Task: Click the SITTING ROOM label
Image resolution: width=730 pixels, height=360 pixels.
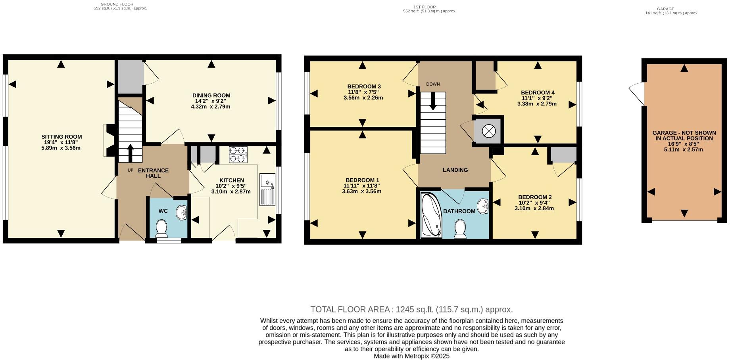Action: pos(61,137)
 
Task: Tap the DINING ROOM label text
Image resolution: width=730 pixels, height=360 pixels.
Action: pos(211,96)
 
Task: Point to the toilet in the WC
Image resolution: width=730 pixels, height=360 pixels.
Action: pos(161,228)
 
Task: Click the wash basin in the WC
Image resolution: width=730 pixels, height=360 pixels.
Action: pos(182,212)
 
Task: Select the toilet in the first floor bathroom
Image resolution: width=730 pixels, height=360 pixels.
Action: pos(460,229)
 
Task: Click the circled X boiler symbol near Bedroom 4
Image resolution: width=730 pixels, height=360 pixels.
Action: pos(488,130)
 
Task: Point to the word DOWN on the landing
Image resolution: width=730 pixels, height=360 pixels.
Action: pos(433,84)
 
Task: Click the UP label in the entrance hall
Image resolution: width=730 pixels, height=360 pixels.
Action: pos(130,170)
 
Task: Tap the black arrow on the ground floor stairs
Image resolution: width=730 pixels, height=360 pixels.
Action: pos(130,152)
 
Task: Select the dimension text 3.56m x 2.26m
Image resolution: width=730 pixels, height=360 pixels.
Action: pos(363,98)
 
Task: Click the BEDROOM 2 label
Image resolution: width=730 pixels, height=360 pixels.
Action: pos(534,197)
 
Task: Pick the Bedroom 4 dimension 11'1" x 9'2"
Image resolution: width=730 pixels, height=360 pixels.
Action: pos(537,98)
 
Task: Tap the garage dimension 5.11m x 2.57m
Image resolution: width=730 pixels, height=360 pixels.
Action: pos(684,149)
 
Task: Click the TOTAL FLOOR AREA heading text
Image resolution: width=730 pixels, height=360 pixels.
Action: pos(411,310)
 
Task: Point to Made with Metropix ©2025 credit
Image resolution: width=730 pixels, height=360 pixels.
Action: pos(411,356)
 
